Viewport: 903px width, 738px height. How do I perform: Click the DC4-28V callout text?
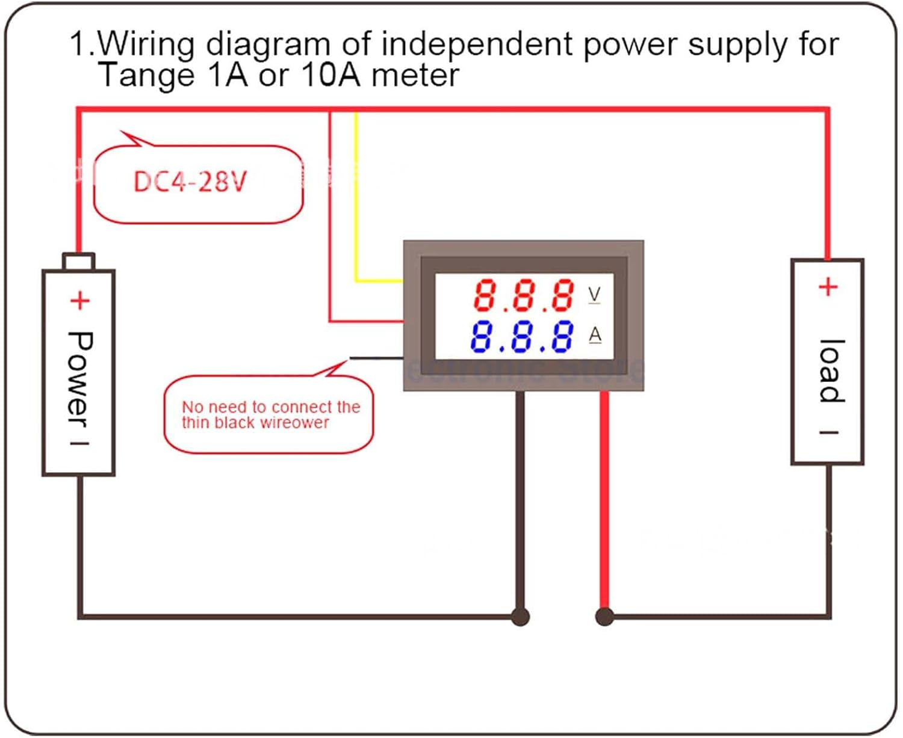pos(190,181)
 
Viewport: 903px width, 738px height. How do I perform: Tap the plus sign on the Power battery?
pos(80,300)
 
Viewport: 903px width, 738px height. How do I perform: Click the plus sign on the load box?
pos(828,287)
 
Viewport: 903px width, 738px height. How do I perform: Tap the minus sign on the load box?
pos(829,432)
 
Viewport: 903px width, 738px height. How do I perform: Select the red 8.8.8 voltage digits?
pos(524,295)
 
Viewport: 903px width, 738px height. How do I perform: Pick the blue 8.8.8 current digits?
pos(521,336)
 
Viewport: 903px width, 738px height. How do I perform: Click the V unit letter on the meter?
pos(594,294)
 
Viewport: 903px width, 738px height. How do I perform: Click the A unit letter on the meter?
pos(595,334)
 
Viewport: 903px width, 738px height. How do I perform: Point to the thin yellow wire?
pos(356,198)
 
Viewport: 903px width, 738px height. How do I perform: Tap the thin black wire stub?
pos(376,358)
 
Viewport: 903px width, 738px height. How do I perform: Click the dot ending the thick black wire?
pos(520,617)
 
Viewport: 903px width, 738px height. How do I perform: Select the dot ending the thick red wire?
pos(604,617)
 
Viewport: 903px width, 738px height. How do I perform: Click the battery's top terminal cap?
pos(79,262)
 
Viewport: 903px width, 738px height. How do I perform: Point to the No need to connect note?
pos(270,414)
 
